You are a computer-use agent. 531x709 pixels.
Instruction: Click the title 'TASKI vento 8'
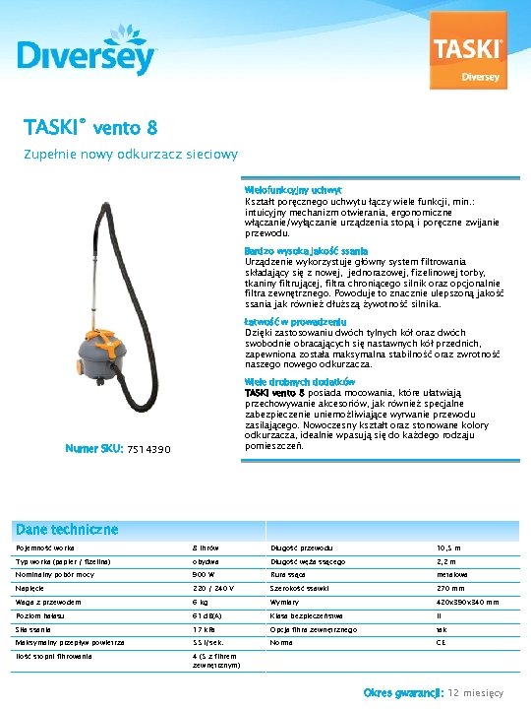click(x=91, y=128)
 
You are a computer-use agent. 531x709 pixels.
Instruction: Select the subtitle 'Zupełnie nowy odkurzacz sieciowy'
click(x=132, y=155)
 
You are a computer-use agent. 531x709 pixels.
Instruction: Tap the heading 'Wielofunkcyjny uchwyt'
click(x=293, y=189)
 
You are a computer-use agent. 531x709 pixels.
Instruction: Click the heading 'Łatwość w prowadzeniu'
click(x=295, y=322)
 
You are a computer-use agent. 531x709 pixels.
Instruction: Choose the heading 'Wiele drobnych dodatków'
click(x=300, y=381)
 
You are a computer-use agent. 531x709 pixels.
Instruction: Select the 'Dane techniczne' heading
click(x=67, y=529)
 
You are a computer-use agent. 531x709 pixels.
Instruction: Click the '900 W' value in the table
click(x=204, y=574)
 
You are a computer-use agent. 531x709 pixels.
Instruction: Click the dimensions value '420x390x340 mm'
click(x=467, y=602)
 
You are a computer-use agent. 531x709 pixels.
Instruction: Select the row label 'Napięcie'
click(x=29, y=588)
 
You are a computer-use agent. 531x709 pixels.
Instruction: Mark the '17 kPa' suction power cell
click(x=204, y=628)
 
